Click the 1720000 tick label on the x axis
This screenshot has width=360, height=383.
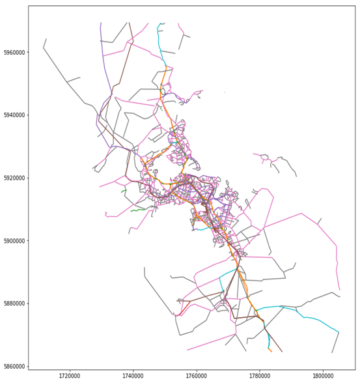tap(70, 375)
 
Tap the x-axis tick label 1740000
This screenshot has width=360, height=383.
tap(133, 375)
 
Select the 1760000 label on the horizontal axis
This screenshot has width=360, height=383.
tap(197, 375)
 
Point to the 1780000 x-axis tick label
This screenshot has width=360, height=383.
tap(260, 375)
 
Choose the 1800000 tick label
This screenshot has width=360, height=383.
tap(324, 375)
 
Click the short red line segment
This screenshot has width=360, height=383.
tap(177, 315)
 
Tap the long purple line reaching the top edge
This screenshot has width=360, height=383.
tap(102, 52)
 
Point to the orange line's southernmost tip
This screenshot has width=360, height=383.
tap(271, 352)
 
